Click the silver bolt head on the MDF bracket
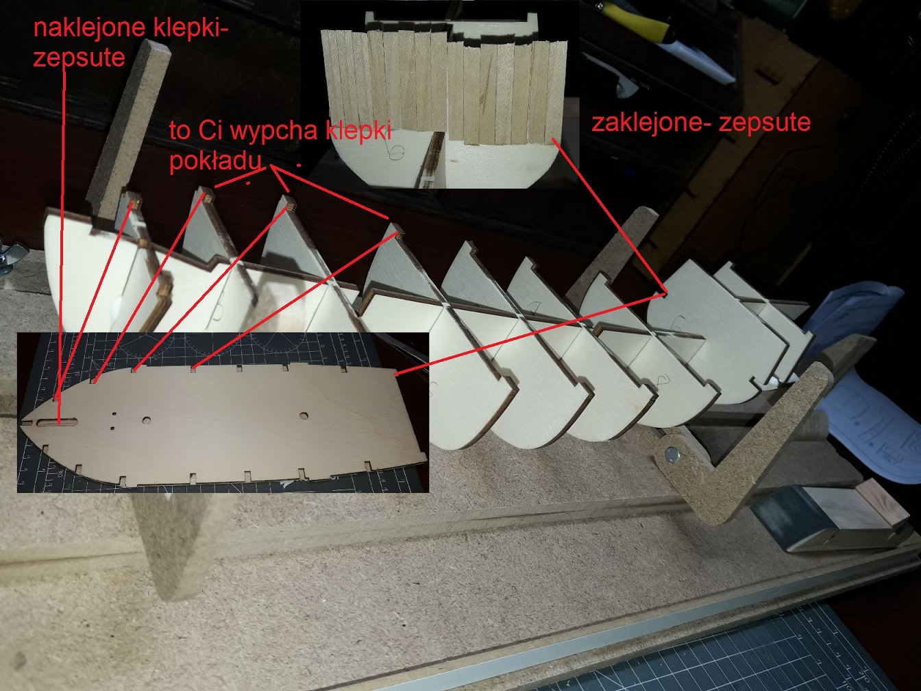pyautogui.click(x=672, y=454)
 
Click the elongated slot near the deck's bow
pyautogui.click(x=58, y=422)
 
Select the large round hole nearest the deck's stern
pyautogui.click(x=304, y=416)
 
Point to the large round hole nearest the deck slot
pyautogui.click(x=147, y=420)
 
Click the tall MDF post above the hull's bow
pyautogui.click(x=128, y=126)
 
